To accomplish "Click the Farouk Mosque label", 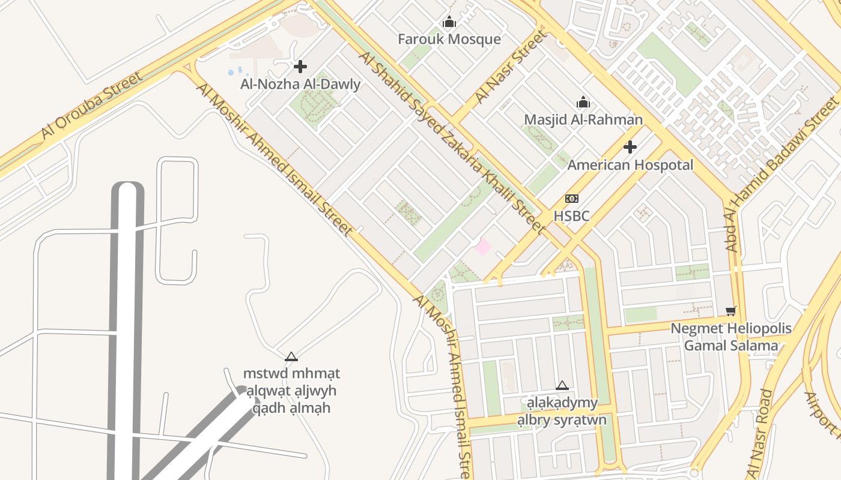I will click(x=449, y=40).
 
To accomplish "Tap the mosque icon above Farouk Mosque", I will click(x=449, y=23).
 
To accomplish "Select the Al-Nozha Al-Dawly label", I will click(x=300, y=84).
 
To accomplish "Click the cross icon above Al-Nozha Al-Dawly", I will click(x=300, y=67).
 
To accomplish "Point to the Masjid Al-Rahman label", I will click(x=583, y=119).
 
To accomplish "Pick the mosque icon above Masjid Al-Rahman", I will click(x=583, y=103).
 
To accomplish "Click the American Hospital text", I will click(x=630, y=165).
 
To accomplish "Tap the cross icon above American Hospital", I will click(x=630, y=147).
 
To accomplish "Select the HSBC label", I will click(x=571, y=215).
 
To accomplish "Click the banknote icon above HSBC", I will click(x=571, y=199).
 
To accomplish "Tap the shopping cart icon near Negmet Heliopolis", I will click(x=731, y=311).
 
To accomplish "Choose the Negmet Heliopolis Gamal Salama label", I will click(x=731, y=337).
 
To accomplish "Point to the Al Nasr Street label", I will click(x=511, y=67).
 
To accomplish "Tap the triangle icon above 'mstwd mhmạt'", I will click(x=291, y=357).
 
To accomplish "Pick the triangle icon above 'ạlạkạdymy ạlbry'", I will click(x=562, y=386).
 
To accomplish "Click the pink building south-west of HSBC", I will click(x=482, y=247).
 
